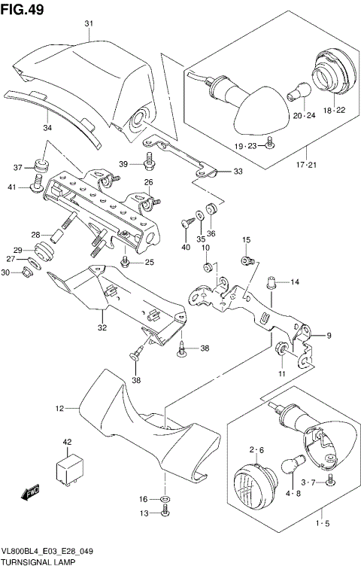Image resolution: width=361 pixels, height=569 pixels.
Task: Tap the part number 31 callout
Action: click(88, 24)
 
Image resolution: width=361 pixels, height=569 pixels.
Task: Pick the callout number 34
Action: click(47, 127)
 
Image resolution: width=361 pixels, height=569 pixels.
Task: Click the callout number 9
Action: click(329, 336)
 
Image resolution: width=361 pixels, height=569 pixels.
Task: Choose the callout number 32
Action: click(102, 327)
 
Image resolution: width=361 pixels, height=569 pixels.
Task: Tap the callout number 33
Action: click(238, 172)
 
